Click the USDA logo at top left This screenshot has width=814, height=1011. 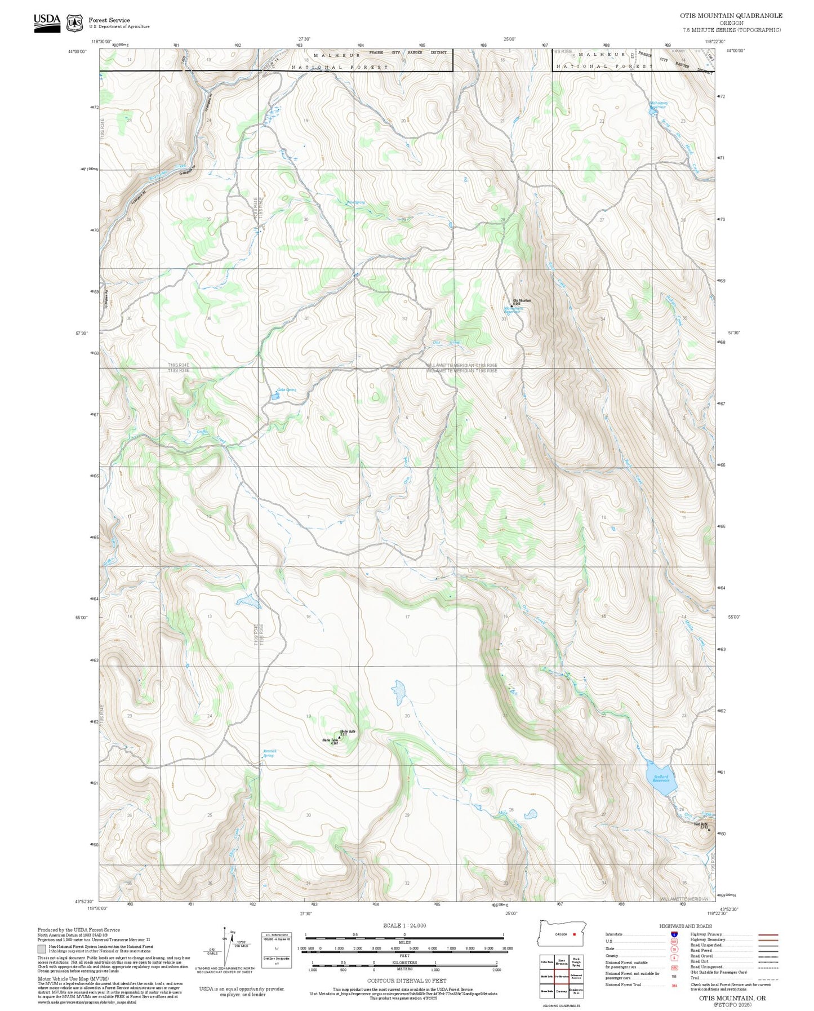46,22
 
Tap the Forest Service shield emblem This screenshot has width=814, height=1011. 74,23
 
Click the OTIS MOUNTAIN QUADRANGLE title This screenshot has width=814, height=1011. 731,16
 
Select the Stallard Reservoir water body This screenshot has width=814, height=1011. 661,779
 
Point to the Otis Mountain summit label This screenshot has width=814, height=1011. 521,301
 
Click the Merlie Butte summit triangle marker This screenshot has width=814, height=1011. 340,737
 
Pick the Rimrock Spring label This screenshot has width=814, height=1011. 269,753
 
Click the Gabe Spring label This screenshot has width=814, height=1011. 286,390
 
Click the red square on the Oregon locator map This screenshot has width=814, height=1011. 574,934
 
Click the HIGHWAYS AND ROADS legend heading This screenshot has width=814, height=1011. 686,926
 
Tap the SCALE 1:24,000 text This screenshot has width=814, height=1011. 404,925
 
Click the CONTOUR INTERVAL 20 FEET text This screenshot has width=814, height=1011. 404,981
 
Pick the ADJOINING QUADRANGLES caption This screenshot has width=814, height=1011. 561,1006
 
